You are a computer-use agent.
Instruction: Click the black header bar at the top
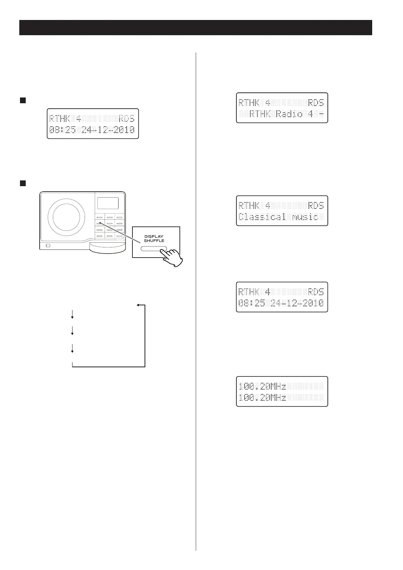tap(195, 27)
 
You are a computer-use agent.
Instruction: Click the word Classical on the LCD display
tap(262, 217)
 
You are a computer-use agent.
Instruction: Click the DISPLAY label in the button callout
tap(154, 237)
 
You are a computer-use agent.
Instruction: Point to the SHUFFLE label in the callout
tap(154, 241)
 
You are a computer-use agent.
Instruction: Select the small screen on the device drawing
tap(108, 203)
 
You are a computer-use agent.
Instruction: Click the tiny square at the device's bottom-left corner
tap(48, 245)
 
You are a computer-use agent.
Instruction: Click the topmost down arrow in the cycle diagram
tap(72, 315)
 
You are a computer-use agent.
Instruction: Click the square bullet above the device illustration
tap(22, 183)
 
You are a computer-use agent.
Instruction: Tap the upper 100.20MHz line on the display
tap(262, 386)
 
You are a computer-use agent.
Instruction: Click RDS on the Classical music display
tap(316, 205)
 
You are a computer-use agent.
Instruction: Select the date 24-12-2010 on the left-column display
tap(108, 130)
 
